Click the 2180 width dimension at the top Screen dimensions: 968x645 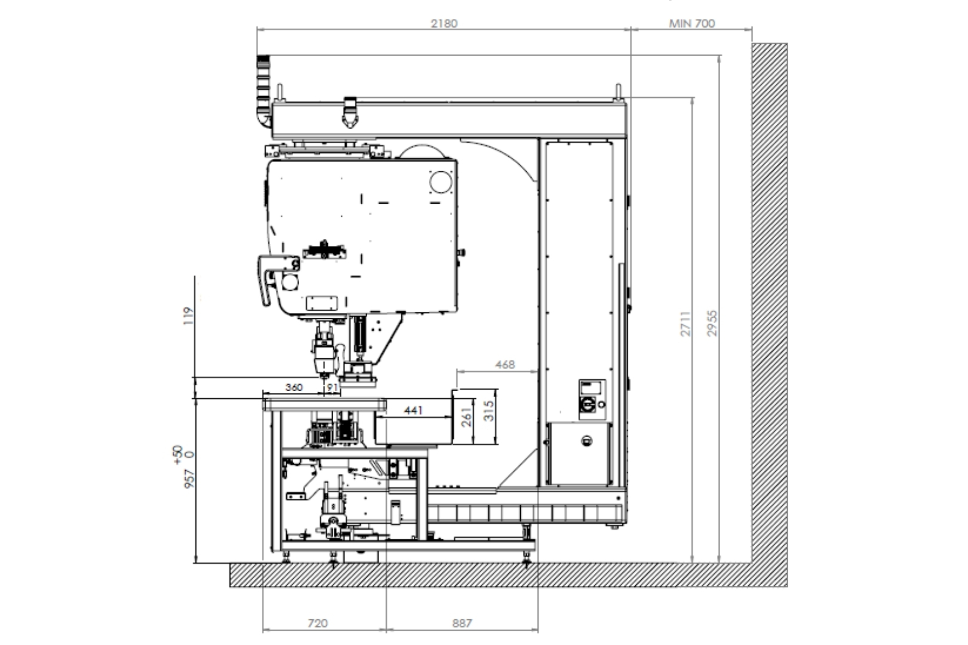[x=444, y=23]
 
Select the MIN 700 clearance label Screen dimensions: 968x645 [x=692, y=23]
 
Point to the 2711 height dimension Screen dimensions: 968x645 [x=686, y=323]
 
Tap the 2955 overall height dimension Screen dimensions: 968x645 [x=712, y=323]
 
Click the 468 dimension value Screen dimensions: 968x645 [x=505, y=364]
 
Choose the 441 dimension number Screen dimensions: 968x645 [x=413, y=410]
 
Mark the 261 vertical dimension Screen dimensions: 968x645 [x=467, y=417]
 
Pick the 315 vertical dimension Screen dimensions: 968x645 [x=488, y=411]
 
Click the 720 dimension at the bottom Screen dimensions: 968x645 [x=318, y=623]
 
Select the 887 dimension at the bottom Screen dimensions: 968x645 [x=462, y=623]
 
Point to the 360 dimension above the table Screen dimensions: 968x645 [x=294, y=388]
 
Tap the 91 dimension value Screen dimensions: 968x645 [x=332, y=388]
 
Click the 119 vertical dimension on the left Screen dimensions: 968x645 [x=188, y=316]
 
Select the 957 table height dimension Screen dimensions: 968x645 [x=189, y=479]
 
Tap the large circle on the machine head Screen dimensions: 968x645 [x=440, y=182]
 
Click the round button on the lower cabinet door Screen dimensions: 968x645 [x=586, y=441]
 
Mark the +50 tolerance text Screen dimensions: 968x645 [x=177, y=455]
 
